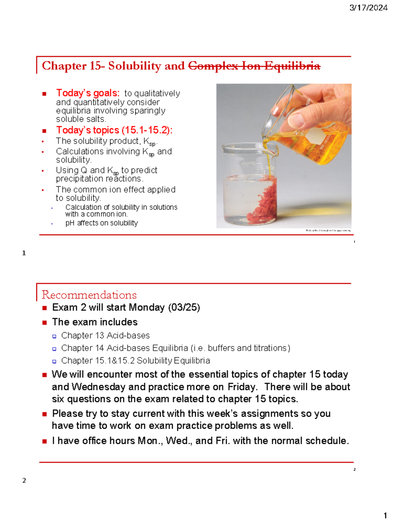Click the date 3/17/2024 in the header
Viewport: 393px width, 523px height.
368,8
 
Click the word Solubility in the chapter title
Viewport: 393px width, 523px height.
135,66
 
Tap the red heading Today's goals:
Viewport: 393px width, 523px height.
88,93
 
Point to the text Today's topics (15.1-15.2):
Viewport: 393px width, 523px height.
114,130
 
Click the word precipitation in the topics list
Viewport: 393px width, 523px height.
77,179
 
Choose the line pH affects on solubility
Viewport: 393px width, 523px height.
102,223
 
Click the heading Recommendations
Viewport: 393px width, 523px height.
89,295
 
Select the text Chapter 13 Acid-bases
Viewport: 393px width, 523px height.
105,336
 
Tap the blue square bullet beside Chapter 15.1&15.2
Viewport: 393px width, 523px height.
54,361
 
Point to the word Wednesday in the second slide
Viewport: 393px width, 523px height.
98,387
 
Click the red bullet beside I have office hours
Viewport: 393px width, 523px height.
45,441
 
